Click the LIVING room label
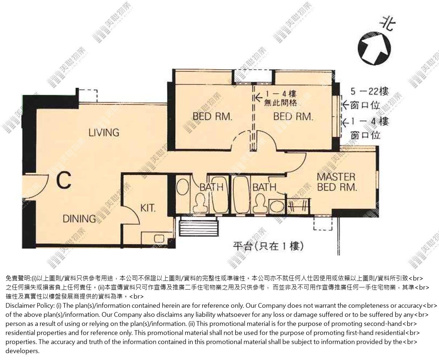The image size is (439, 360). pos(104,132)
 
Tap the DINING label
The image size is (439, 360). pos(79,218)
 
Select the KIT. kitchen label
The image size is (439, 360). pos(148,208)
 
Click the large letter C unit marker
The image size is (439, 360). pos(64,180)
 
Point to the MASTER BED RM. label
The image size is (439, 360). pos(337,182)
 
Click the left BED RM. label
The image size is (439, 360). pos(212,116)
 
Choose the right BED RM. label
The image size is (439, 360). pos(293,116)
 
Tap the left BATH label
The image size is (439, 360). pos(212,187)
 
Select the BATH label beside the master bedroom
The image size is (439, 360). pos(264,187)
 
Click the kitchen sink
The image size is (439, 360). pos(159,239)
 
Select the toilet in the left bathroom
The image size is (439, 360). pos(200,202)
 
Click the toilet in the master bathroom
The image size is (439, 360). pos(260,202)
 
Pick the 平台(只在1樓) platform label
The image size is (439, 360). pos(268,246)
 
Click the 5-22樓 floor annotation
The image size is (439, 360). pos(370,91)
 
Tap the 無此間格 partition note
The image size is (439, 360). pos(280,103)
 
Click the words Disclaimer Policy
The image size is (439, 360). pos(29,306)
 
